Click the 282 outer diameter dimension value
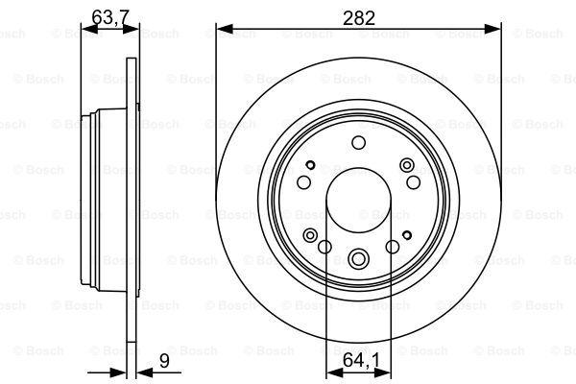click(x=359, y=18)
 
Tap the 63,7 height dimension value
click(x=109, y=17)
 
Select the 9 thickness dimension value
click(x=164, y=361)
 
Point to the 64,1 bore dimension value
click(x=362, y=361)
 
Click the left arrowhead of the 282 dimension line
click(x=225, y=29)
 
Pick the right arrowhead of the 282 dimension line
click(x=493, y=29)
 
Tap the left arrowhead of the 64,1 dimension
click(x=334, y=372)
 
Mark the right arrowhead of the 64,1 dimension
click(x=382, y=372)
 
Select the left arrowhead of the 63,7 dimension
click(x=89, y=29)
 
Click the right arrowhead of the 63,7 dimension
click(x=132, y=29)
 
